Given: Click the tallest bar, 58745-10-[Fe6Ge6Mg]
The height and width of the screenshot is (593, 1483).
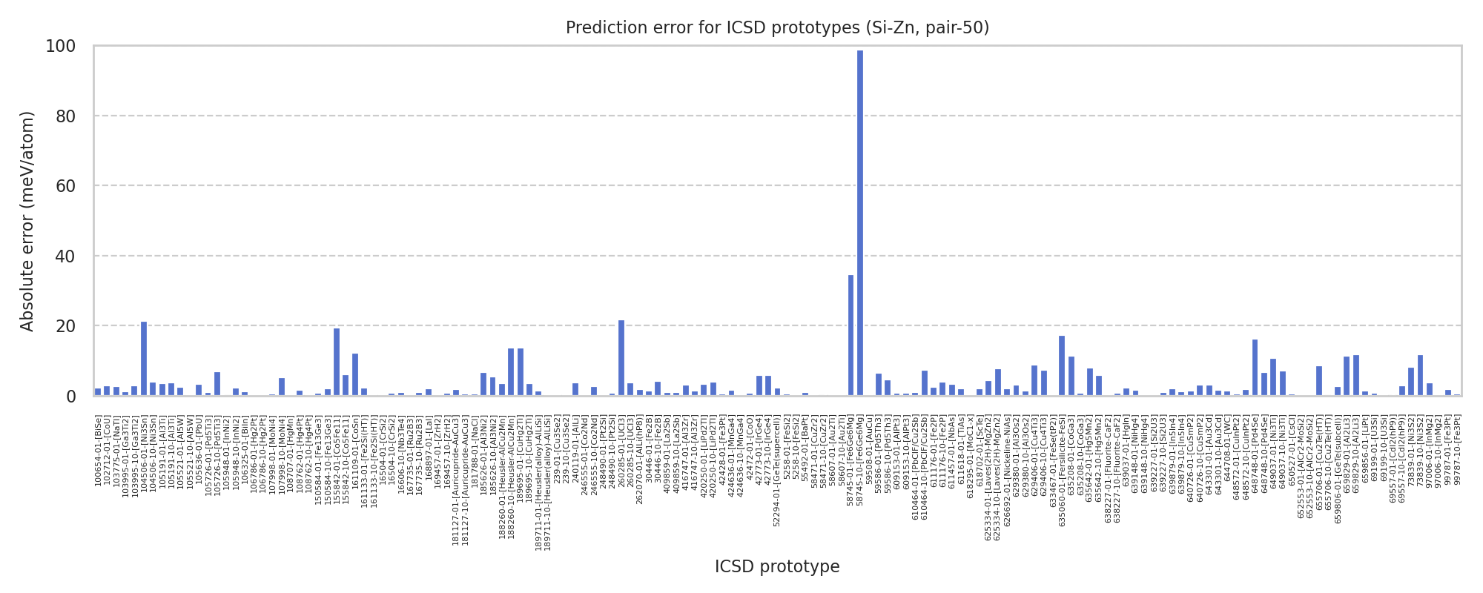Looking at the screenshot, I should point(860,222).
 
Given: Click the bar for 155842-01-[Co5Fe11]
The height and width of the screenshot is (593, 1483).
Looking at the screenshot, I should point(337,362).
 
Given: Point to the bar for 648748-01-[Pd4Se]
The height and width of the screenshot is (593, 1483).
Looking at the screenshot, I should point(1255,368).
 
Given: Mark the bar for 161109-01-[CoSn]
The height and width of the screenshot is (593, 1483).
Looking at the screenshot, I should point(355,375).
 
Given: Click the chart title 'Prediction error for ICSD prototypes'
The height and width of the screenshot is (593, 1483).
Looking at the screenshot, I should point(777,28).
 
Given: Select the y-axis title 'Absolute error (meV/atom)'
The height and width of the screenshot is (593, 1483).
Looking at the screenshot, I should point(27,221).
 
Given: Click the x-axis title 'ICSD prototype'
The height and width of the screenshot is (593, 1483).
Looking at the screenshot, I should point(777,567).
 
